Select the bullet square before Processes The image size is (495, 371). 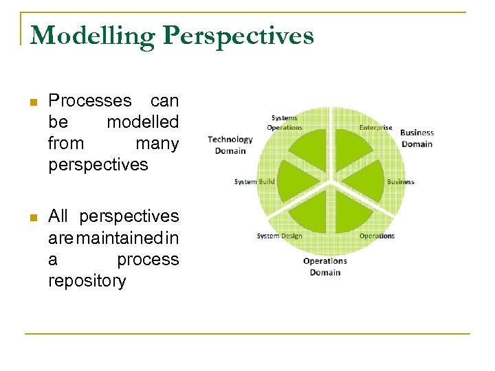pyautogui.click(x=32, y=102)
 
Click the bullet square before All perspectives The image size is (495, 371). pyautogui.click(x=32, y=218)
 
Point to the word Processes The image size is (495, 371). pyautogui.click(x=89, y=101)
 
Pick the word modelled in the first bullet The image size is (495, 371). pyautogui.click(x=142, y=122)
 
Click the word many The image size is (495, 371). pyautogui.click(x=157, y=144)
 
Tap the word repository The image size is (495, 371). pyautogui.click(x=87, y=281)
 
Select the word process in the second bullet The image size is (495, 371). pyautogui.click(x=147, y=260)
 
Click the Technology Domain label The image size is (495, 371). pyautogui.click(x=230, y=145)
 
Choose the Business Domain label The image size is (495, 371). pyautogui.click(x=417, y=138)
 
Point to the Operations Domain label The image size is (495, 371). pyautogui.click(x=325, y=267)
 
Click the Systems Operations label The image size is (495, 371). pyautogui.click(x=284, y=122)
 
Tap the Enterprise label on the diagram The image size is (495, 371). pyautogui.click(x=375, y=127)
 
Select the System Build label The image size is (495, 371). pyautogui.click(x=254, y=181)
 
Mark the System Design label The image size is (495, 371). pyautogui.click(x=279, y=236)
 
